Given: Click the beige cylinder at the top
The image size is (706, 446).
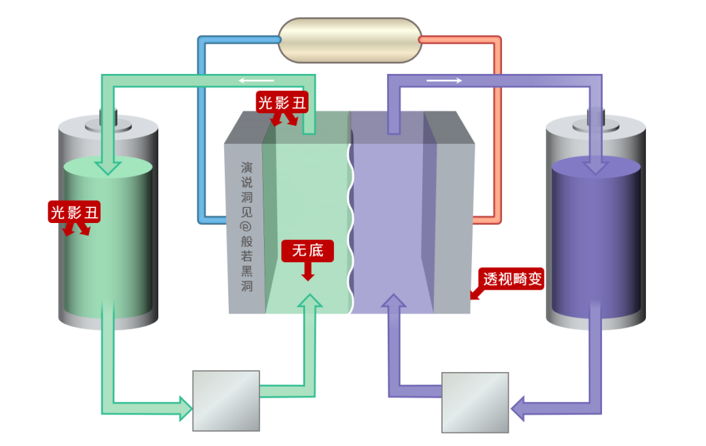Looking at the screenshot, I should point(350,40).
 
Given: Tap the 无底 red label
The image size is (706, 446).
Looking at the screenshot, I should point(307,250).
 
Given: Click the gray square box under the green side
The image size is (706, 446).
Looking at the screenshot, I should point(226,400).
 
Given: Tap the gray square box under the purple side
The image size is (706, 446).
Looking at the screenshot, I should point(475,402).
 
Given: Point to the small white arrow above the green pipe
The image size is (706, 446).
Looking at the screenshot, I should point(256,80).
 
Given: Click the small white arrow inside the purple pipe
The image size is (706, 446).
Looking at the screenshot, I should point(445,80).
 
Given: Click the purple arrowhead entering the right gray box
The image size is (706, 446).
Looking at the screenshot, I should point(518,407).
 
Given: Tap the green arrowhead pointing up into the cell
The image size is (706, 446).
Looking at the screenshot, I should point(310,301).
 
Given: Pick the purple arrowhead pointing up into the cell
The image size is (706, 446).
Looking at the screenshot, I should point(394,301).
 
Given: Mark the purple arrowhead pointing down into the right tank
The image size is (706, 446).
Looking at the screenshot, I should point(595,167).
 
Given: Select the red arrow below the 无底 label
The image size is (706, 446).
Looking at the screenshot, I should point(307,273).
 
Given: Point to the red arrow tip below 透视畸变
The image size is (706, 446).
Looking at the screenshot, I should point(473,296).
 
